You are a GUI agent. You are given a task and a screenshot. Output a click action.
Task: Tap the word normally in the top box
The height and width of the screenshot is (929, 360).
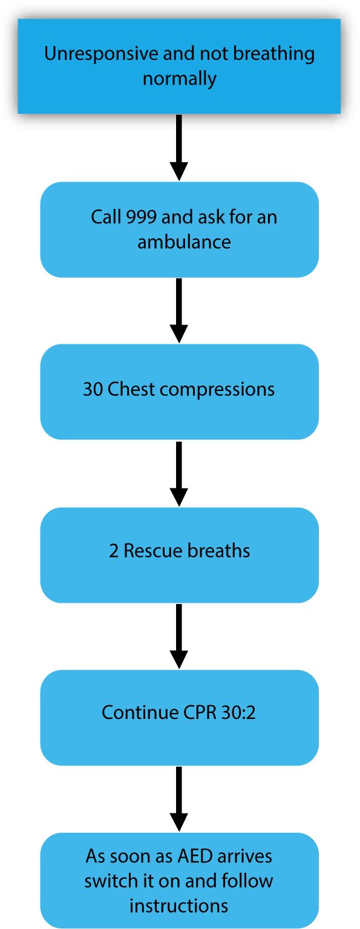point(180,79)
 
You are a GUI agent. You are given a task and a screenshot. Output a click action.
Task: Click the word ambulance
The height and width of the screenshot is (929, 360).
point(184,242)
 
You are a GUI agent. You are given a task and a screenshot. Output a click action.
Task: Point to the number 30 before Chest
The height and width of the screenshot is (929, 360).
point(93,389)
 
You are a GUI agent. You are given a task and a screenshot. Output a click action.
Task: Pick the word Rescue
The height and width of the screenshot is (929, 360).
point(153,551)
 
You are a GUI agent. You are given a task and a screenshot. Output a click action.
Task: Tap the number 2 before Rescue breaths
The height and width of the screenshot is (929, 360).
point(114,551)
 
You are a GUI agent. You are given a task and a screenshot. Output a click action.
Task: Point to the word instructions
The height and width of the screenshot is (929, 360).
point(178,906)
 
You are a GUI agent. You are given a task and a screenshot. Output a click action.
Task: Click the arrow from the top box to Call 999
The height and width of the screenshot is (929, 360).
point(179,148)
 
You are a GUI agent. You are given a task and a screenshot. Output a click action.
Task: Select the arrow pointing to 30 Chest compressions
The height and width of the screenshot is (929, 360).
point(179,310)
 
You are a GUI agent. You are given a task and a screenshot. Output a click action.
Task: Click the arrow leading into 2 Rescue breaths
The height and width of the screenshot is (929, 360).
point(179,474)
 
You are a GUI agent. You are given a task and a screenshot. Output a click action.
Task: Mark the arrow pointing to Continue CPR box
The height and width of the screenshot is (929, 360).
point(179,636)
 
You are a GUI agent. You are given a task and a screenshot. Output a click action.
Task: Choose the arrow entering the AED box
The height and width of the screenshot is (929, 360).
point(179,799)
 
